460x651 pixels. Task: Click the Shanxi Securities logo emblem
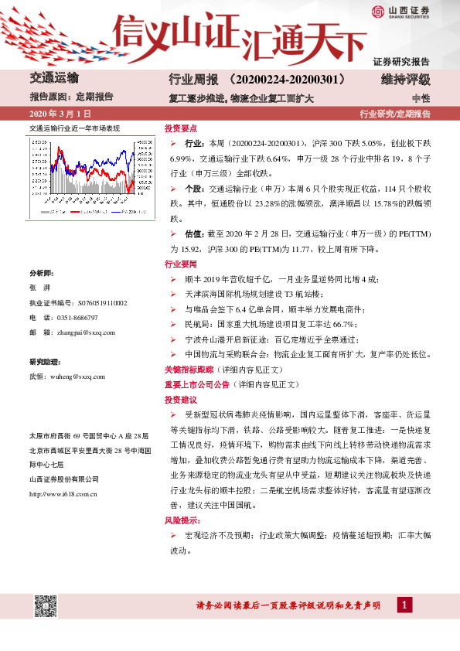377,11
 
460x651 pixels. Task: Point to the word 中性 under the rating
421,98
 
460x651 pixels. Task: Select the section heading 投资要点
180,128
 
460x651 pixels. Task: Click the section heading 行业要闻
180,264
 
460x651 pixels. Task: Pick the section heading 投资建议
180,400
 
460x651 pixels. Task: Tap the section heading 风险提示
180,521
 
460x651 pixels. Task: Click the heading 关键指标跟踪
188,370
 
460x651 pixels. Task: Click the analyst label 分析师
42,274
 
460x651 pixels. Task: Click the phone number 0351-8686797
80,318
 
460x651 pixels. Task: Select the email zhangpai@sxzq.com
83,332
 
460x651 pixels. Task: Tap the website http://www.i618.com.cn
63,472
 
